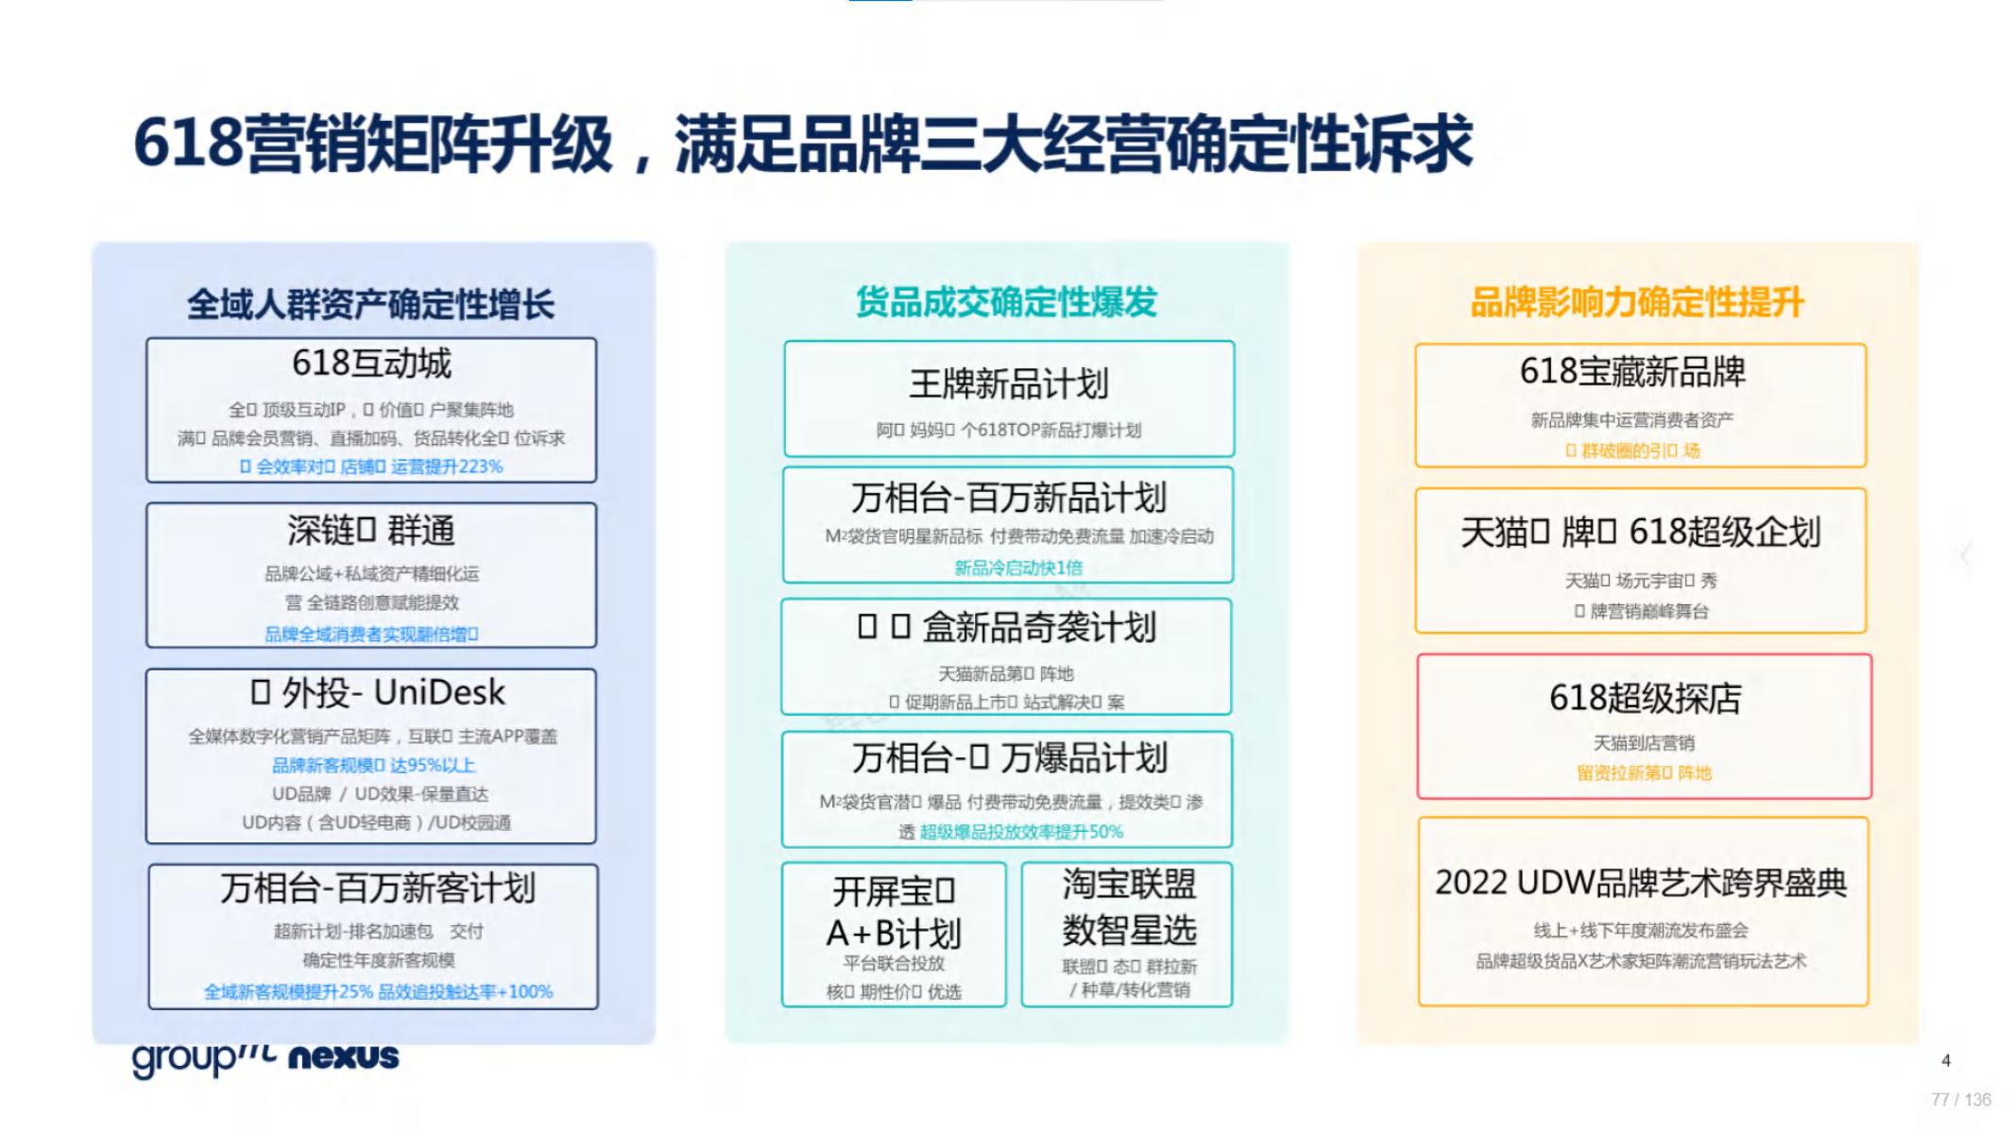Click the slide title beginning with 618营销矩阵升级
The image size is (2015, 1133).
803,144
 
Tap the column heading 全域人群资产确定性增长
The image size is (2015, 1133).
370,304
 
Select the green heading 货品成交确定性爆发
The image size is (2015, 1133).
1006,302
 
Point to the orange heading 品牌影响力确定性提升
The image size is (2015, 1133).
1637,302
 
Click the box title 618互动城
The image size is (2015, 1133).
371,364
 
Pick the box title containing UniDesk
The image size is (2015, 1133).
378,693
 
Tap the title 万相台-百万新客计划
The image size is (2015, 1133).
378,888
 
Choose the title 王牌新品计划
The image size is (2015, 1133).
1008,384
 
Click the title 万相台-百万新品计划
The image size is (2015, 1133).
1008,498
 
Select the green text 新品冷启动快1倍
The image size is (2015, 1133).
1018,567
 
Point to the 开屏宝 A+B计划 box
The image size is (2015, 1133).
894,934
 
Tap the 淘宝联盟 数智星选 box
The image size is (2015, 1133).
1128,933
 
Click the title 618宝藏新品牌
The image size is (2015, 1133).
1632,372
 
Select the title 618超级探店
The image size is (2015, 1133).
1645,699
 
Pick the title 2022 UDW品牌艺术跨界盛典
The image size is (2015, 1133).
1641,883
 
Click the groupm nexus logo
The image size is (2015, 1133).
265,1057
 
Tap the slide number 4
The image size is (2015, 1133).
1945,1060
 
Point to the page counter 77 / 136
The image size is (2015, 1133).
1960,1100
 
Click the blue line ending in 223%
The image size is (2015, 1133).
371,466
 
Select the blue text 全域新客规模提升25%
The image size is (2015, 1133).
289,991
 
